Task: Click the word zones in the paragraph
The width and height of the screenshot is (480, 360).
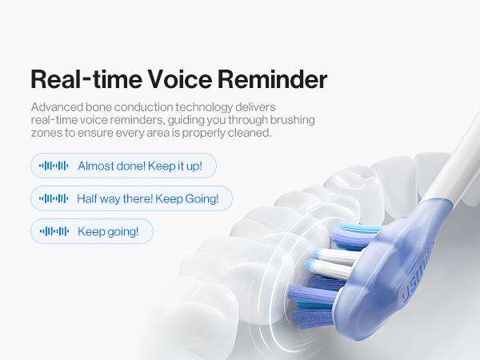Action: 46,133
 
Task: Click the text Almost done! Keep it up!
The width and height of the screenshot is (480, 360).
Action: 140,166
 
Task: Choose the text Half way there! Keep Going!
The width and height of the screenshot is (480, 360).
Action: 148,198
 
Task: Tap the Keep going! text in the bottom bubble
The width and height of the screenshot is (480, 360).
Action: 108,231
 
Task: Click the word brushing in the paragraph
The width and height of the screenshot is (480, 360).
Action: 290,120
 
